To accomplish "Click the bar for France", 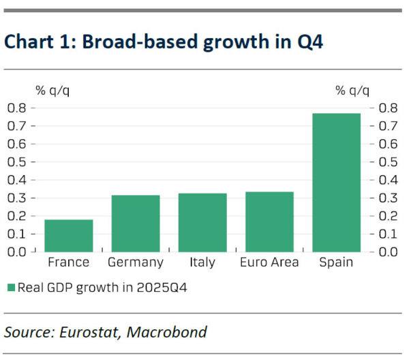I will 69,235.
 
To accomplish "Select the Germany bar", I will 136,223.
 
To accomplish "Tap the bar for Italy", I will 202,222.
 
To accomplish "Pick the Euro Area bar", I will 269,222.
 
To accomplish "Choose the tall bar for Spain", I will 336,182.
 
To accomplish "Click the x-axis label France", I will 69,262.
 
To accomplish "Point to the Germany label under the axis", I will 136,262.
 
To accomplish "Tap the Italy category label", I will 202,262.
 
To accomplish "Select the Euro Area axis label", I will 269,262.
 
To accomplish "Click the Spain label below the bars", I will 336,262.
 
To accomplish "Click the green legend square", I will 10,287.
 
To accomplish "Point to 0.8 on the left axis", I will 17,108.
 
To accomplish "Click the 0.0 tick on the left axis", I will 17,252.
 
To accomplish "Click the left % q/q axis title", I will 52,91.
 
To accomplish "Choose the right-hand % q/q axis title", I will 352,91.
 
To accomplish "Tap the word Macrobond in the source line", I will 168,333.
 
